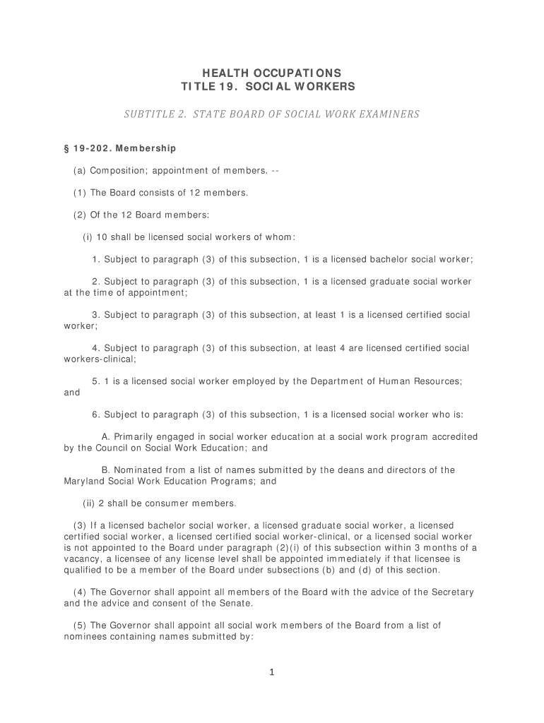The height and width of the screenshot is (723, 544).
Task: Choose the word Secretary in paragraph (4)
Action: point(449,592)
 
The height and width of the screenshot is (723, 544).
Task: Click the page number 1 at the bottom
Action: point(272,672)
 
